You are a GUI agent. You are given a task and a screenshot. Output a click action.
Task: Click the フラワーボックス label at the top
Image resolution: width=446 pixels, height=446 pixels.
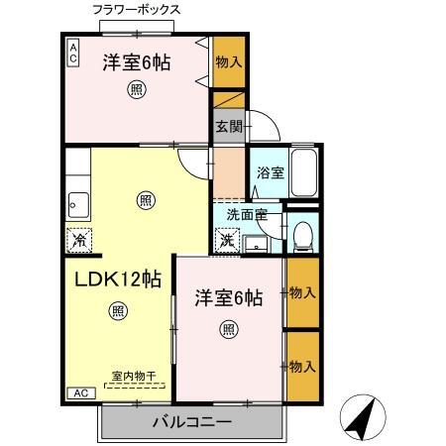point(136,9)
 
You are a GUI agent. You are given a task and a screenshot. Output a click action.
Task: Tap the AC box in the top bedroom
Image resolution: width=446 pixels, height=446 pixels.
point(73,53)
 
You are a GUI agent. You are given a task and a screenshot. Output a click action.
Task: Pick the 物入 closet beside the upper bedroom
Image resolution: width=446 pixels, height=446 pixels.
point(227,62)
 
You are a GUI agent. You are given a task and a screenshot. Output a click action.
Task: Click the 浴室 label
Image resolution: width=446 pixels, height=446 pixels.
point(270,171)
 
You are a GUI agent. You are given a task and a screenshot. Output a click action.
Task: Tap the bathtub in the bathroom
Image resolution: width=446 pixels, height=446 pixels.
point(302,174)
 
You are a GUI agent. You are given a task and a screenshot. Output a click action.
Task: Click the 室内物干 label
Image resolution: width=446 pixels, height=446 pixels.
point(134,376)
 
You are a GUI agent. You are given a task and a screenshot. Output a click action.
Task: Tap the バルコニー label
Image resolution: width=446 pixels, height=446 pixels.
point(191,423)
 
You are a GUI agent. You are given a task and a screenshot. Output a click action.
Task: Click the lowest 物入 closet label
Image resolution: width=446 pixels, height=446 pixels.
point(302,367)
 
